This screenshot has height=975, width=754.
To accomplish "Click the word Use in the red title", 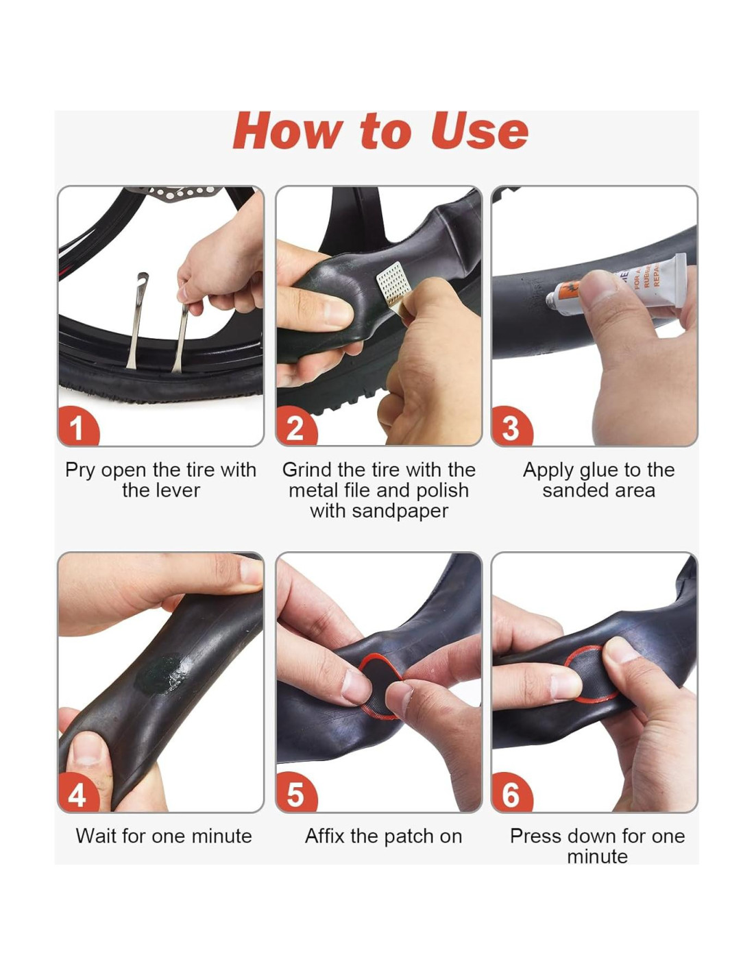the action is pos(479,131).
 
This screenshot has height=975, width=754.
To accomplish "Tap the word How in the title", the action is pos(288,131).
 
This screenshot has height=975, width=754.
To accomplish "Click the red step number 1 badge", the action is pos(77,426).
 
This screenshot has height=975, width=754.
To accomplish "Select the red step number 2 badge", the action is pos(295,426).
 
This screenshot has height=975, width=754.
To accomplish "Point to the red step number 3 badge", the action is pos(511,426).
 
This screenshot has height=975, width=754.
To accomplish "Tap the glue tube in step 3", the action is pos(617,287).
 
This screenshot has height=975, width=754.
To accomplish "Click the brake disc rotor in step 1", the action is pos(180,193).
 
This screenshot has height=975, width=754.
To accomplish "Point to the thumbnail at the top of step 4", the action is pos(250,570).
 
